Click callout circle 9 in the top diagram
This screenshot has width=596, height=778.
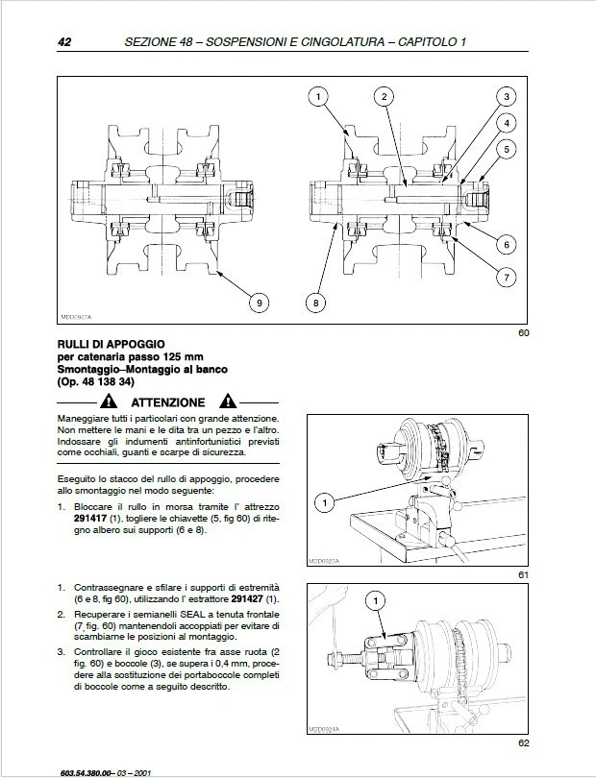click(x=258, y=304)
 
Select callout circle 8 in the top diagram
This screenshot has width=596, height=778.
click(x=315, y=304)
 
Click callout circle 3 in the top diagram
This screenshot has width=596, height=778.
click(x=506, y=96)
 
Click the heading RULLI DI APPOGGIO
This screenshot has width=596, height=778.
click(x=112, y=344)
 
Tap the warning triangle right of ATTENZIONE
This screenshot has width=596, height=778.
click(x=228, y=401)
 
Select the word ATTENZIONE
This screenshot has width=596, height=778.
click(x=168, y=402)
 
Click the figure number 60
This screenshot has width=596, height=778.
click(x=523, y=333)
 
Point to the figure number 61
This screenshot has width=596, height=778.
click(x=523, y=574)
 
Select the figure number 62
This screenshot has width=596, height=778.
click(x=523, y=742)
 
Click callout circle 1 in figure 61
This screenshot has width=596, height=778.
click(x=325, y=502)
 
